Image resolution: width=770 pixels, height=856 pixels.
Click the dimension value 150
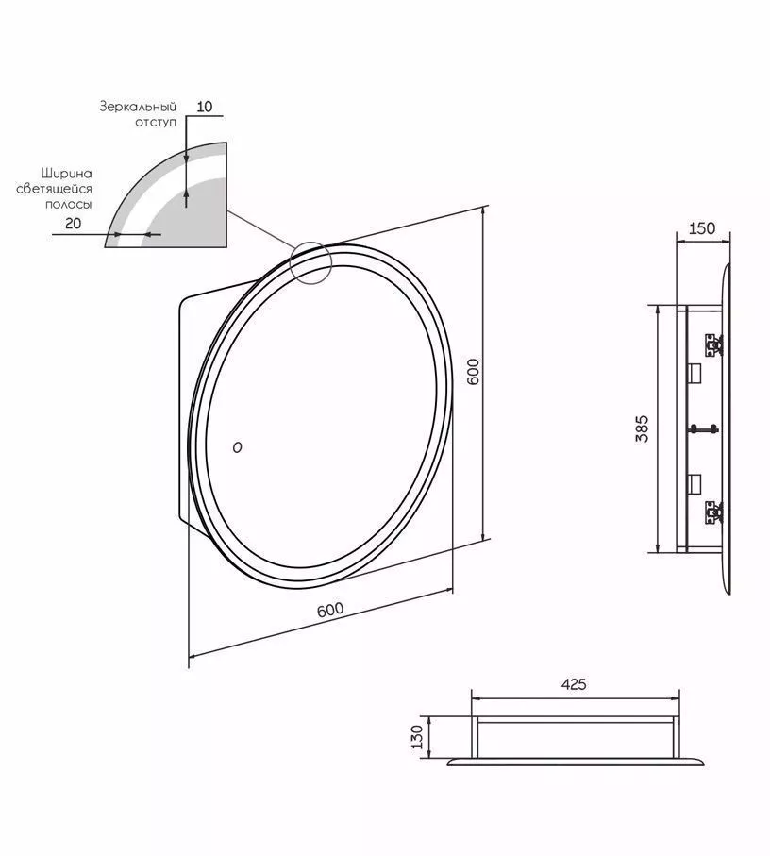[701, 228]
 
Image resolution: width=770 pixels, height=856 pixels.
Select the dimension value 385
[643, 428]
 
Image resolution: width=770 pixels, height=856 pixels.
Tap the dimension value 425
[574, 684]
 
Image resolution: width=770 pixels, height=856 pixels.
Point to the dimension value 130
[417, 737]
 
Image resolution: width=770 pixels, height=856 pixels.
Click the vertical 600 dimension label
[473, 371]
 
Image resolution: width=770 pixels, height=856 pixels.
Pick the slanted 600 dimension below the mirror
[330, 610]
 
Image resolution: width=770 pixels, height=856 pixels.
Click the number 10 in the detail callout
[204, 107]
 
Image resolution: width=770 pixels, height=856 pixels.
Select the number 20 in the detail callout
[73, 223]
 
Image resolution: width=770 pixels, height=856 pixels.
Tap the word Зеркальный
[138, 107]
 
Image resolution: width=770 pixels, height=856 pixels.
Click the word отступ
[156, 123]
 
